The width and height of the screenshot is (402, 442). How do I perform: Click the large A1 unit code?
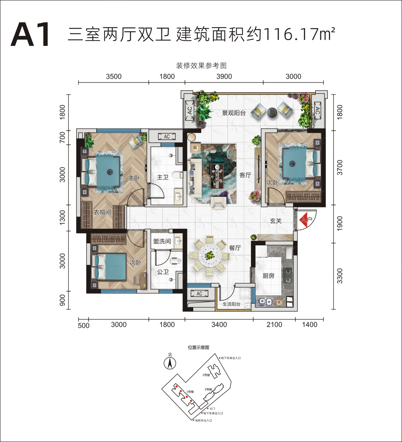point(30,34)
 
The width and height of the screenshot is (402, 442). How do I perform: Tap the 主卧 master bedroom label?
point(134,178)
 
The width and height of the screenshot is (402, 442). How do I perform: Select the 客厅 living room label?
point(245,175)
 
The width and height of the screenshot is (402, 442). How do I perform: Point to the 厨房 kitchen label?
point(268,276)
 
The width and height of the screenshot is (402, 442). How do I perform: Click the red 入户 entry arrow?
point(305,219)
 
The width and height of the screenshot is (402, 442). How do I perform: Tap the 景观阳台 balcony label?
point(234,113)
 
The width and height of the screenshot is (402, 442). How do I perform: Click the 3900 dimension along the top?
point(224,76)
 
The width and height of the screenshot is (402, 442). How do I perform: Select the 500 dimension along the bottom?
point(84,326)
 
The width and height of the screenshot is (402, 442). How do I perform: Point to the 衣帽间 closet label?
point(103,212)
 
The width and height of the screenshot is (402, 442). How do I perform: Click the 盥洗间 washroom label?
point(162,241)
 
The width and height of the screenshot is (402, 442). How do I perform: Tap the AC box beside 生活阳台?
point(200,294)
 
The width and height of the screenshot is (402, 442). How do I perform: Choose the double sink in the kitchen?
point(266,302)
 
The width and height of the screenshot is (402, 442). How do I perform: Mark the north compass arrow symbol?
point(170,363)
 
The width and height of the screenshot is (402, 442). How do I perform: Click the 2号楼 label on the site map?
point(206,375)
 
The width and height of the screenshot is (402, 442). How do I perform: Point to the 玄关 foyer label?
point(276,221)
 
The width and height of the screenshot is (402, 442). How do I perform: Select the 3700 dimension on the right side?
point(340,168)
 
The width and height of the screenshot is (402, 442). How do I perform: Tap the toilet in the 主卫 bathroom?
point(178,175)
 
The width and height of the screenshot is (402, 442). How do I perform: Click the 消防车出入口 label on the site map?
point(203,421)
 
